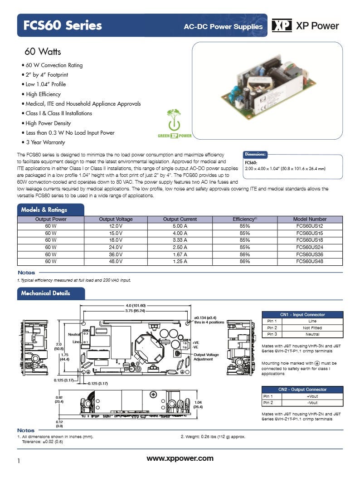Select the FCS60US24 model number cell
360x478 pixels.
(x=310, y=247)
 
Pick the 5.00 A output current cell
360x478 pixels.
(x=180, y=225)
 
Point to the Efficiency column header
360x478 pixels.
(x=245, y=219)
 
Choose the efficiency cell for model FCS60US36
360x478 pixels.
(x=245, y=254)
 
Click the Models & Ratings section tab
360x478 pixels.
(x=44, y=210)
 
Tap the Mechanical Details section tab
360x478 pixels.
(x=46, y=293)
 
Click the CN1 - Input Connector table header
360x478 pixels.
(x=302, y=314)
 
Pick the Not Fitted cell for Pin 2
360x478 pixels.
(x=312, y=327)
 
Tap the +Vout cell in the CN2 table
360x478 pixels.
(x=312, y=396)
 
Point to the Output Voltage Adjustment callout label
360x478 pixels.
(x=206, y=357)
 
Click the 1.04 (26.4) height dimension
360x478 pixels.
(x=198, y=404)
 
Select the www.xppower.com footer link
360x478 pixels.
(x=180, y=458)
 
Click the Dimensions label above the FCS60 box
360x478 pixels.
(x=256, y=154)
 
